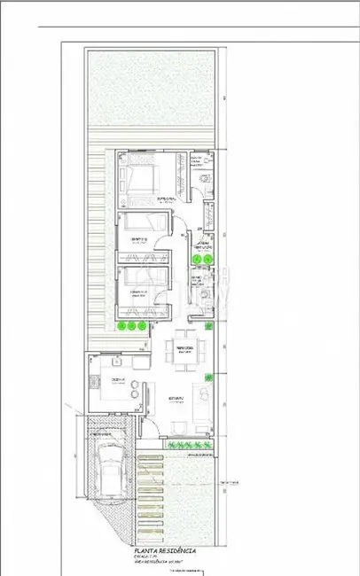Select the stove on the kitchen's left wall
tap(94, 382)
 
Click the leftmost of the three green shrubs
tap(98, 326)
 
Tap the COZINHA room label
tap(118, 380)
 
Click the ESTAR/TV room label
tap(176, 400)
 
